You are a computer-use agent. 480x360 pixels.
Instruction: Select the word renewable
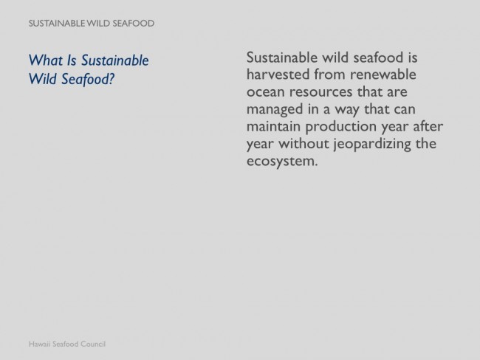tap(383, 75)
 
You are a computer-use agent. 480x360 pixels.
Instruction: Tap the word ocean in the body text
tap(266, 92)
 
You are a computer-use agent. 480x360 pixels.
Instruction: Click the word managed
tap(275, 110)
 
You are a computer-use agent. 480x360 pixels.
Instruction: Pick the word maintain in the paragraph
tap(273, 126)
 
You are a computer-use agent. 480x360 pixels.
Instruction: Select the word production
tap(340, 127)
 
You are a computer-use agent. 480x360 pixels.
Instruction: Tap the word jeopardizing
tap(372, 144)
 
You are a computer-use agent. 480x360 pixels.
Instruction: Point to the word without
tap(304, 143)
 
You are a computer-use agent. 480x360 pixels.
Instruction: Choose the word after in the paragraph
tap(428, 126)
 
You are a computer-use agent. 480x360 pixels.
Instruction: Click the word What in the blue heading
tap(46, 60)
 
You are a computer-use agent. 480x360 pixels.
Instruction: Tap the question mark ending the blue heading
tap(111, 79)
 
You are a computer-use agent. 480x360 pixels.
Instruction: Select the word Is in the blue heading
tap(72, 60)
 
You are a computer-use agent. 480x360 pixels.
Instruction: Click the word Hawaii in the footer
tap(39, 344)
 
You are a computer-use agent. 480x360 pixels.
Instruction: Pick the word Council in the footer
tap(93, 344)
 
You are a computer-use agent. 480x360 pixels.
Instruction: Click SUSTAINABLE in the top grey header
tap(57, 24)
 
